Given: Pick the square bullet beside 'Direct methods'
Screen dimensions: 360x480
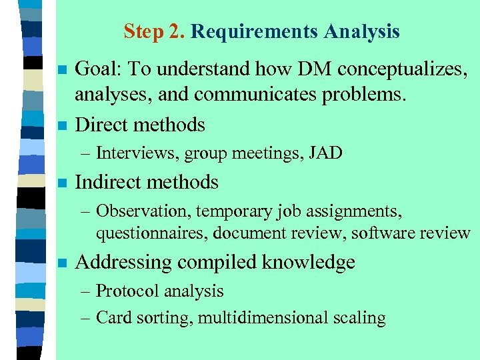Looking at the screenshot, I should click(x=63, y=125).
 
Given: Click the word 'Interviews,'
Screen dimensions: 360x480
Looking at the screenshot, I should click(x=138, y=153).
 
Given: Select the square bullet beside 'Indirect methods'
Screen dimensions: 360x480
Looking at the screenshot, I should click(x=63, y=183).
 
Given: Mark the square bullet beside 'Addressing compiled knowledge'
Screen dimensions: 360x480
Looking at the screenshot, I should click(x=63, y=263).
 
